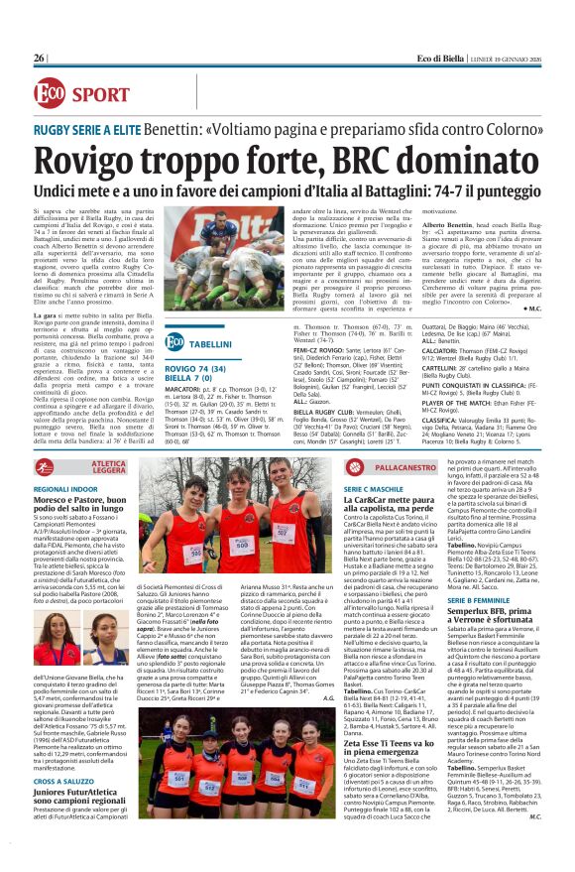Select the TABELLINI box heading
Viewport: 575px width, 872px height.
[x=210, y=342]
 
